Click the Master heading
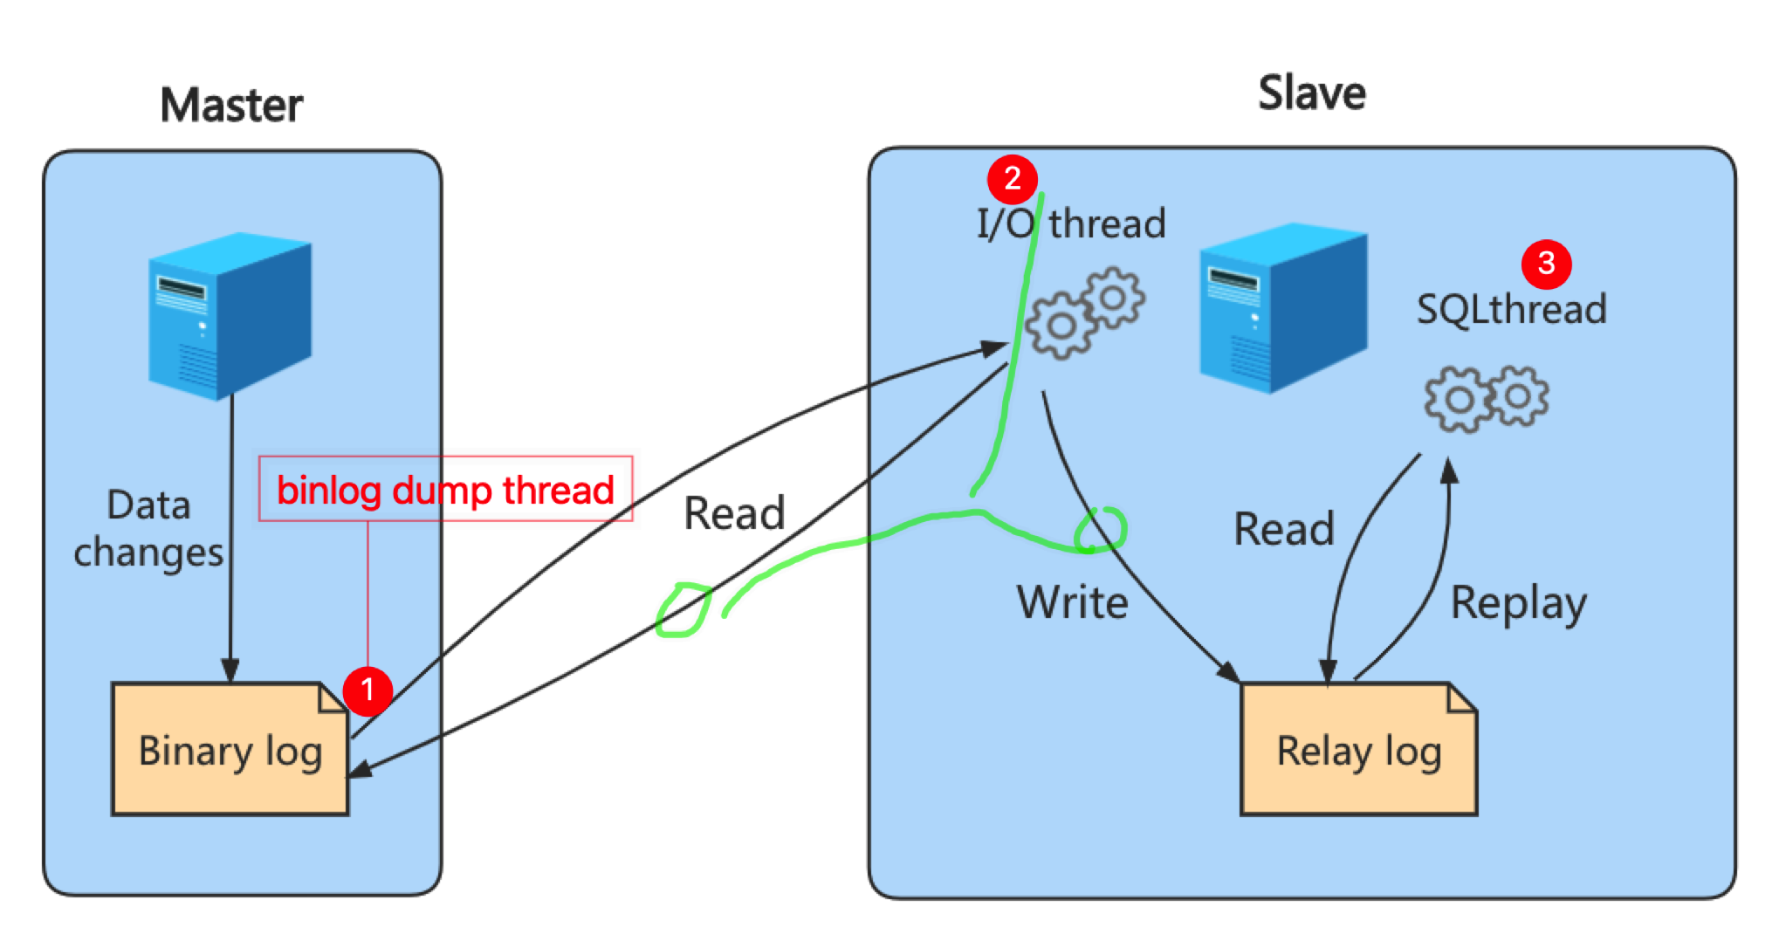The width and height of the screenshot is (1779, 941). [x=231, y=106]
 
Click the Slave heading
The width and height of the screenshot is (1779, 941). [x=1311, y=93]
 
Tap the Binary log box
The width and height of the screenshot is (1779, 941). [x=230, y=750]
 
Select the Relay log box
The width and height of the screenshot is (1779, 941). [x=1358, y=750]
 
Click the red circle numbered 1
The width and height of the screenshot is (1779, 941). [x=367, y=690]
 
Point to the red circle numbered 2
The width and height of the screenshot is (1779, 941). [x=1013, y=179]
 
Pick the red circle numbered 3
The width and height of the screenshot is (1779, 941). [x=1546, y=263]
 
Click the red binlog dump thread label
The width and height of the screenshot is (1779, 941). [x=445, y=490]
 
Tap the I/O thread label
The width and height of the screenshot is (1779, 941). [x=1071, y=224]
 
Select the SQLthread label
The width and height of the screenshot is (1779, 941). [x=1511, y=309]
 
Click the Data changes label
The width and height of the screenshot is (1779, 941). [x=148, y=529]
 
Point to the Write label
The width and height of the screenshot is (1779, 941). [x=1072, y=602]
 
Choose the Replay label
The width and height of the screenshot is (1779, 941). [x=1518, y=603]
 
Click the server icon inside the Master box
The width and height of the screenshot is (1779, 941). [x=230, y=315]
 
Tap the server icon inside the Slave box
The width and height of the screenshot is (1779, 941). [x=1282, y=307]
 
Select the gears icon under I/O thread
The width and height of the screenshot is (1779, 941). [x=1085, y=313]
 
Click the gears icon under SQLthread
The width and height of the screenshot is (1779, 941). [x=1486, y=398]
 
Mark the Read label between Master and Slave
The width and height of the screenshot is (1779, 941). [x=734, y=512]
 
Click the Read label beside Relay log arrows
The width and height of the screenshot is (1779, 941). [x=1283, y=529]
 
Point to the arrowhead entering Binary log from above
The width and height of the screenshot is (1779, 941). [x=230, y=670]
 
